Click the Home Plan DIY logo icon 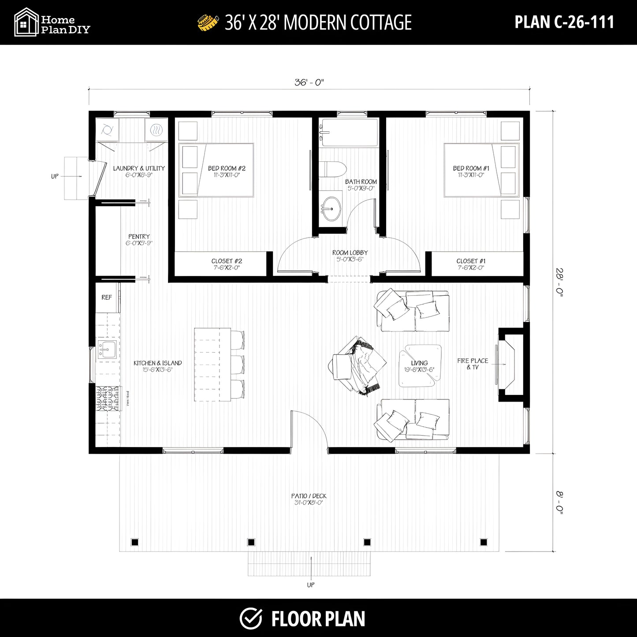[26, 22]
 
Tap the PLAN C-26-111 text [564, 22]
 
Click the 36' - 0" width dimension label [309, 82]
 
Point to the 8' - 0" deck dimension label [559, 503]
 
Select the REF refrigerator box [107, 298]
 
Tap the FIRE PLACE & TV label [473, 364]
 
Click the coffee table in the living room [420, 365]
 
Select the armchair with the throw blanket [357, 365]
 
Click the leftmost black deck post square [135, 542]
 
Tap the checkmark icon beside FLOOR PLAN [251, 618]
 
